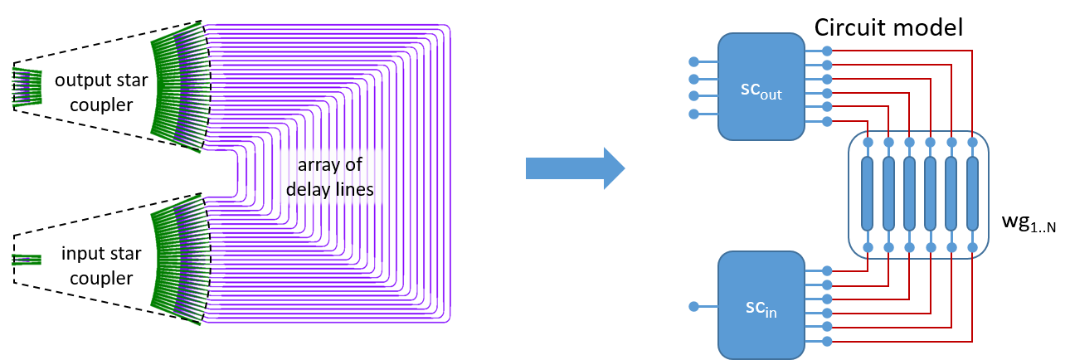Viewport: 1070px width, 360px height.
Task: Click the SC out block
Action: pyautogui.click(x=761, y=87)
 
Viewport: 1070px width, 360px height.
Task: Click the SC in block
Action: pyautogui.click(x=761, y=305)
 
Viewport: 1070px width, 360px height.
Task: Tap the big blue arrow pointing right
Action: pyautogui.click(x=574, y=168)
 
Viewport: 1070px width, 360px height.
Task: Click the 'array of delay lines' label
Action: pyautogui.click(x=330, y=178)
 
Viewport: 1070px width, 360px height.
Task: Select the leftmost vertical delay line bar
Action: pyautogui.click(x=868, y=195)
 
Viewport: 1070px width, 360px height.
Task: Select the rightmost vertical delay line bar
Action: pyautogui.click(x=972, y=195)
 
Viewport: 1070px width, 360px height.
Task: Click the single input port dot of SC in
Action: pyautogui.click(x=694, y=307)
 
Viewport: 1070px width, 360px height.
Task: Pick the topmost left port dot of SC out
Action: pyautogui.click(x=694, y=61)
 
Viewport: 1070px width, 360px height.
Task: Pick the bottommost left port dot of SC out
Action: pyautogui.click(x=694, y=114)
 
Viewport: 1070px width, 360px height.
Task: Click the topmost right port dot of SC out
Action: pyautogui.click(x=827, y=51)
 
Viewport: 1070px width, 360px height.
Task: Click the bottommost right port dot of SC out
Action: pyautogui.click(x=827, y=122)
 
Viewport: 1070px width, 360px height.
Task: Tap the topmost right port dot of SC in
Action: pyautogui.click(x=827, y=270)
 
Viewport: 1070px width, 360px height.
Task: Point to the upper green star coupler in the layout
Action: pyautogui.click(x=176, y=87)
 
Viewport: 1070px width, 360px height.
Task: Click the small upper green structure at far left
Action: pyautogui.click(x=27, y=87)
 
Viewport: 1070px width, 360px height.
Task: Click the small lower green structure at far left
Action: pyautogui.click(x=26, y=260)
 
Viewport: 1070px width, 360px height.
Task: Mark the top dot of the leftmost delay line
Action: pyautogui.click(x=868, y=143)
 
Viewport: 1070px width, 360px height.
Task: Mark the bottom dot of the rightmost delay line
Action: pyautogui.click(x=972, y=247)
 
